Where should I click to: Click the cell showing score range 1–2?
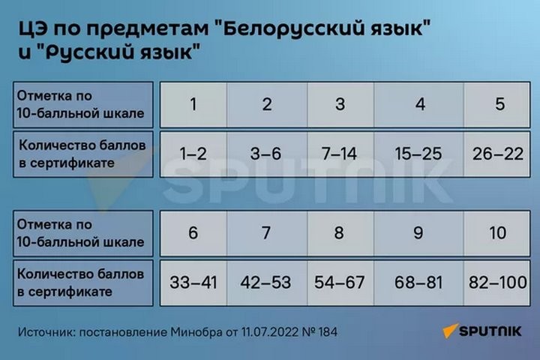click(x=193, y=154)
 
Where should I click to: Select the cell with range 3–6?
click(x=266, y=154)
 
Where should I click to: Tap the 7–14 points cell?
click(x=340, y=154)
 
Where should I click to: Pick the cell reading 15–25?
click(x=420, y=154)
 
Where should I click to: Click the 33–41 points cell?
click(x=193, y=283)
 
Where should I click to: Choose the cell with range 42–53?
click(x=266, y=283)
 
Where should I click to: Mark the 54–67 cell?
click(x=340, y=283)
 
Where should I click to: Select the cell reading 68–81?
click(x=420, y=283)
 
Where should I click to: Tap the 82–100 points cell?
click(x=499, y=283)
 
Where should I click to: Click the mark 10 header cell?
click(x=499, y=233)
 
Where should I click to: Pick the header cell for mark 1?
click(x=193, y=105)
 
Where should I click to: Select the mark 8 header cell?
click(x=340, y=233)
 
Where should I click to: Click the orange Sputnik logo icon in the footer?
click(x=450, y=331)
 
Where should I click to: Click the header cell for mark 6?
click(x=193, y=233)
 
